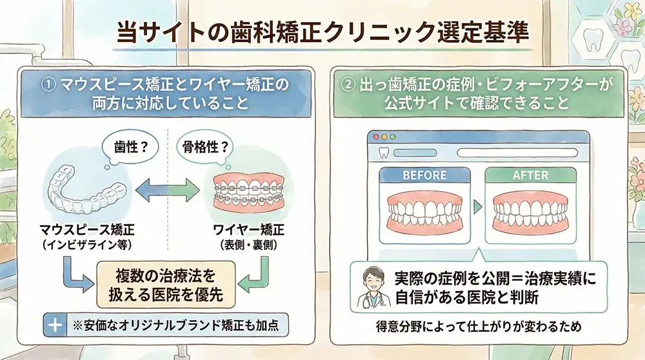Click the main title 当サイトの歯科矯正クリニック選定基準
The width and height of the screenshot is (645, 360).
point(322,32)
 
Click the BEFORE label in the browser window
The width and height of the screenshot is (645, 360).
point(424,175)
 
